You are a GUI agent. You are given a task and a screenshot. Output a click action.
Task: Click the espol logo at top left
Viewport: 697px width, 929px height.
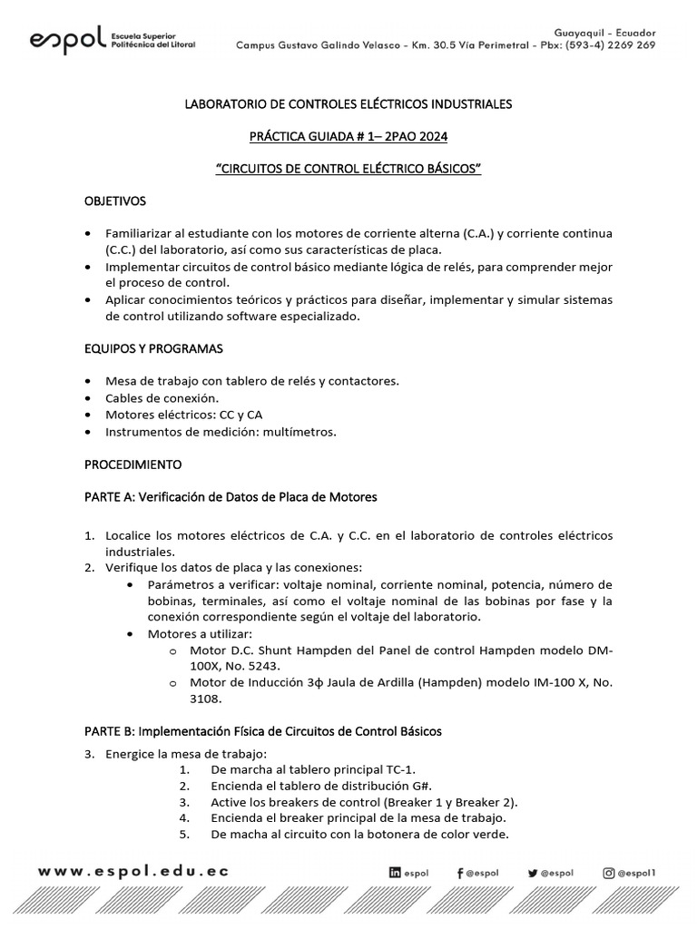(112, 41)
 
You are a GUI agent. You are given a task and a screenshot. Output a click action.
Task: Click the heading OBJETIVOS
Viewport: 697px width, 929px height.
(115, 200)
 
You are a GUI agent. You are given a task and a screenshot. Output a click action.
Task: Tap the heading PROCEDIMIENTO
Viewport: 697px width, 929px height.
(133, 464)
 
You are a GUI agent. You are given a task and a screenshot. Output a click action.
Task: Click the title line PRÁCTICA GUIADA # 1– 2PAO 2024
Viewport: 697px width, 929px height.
(348, 136)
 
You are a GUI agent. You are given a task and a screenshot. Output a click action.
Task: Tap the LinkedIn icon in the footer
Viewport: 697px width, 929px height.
(395, 873)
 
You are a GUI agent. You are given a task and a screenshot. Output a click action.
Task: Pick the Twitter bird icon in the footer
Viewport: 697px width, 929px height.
(532, 873)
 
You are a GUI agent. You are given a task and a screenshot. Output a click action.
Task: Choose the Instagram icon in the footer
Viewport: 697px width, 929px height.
(609, 873)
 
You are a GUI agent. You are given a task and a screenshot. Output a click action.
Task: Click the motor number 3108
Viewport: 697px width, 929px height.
(206, 699)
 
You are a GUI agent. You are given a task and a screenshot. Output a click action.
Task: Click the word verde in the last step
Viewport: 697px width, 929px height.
(490, 835)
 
